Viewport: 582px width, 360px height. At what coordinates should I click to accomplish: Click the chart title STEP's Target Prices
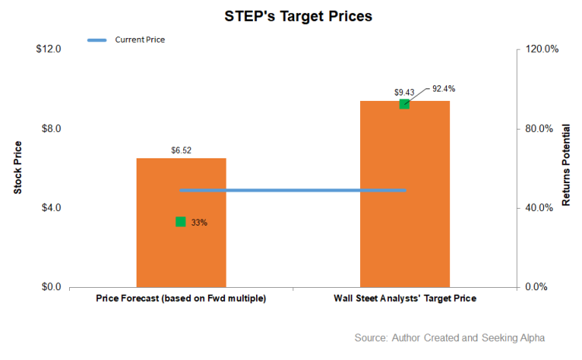point(290,15)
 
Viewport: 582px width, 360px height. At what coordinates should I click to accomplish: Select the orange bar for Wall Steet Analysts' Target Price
point(404,202)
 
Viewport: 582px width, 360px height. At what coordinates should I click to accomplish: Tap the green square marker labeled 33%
point(181,222)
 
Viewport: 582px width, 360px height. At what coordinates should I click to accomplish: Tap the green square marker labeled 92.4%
point(404,104)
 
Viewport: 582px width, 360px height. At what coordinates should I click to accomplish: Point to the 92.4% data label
point(444,88)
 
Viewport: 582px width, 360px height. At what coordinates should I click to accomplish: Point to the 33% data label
point(199,223)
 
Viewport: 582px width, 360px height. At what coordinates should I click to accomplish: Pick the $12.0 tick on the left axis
point(49,49)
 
